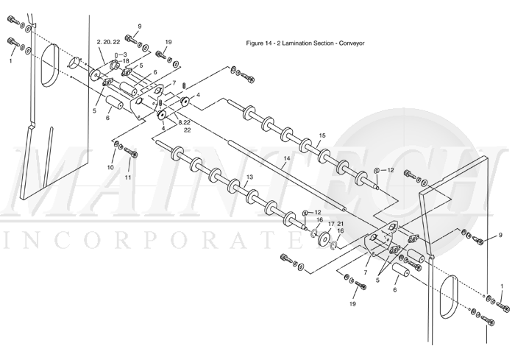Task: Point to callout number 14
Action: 287,159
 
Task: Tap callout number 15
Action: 322,135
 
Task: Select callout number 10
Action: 110,167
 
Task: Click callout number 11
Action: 127,177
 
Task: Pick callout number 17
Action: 331,223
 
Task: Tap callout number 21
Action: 340,223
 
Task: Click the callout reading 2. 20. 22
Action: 108,43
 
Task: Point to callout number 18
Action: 125,61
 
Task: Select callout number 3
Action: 125,54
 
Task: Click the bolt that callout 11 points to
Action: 132,154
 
